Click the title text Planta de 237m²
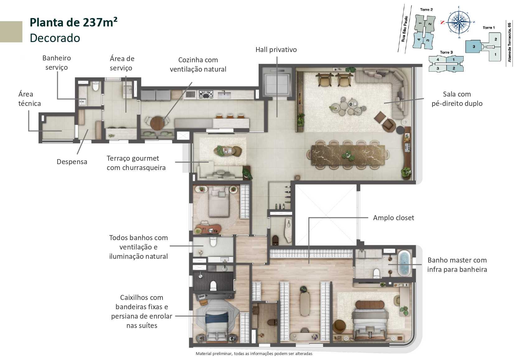[x=73, y=22]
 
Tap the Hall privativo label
[x=276, y=50]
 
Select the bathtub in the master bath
[x=404, y=263]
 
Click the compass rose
[x=459, y=22]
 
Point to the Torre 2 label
[x=426, y=10]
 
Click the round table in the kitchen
[x=157, y=123]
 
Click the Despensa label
[x=72, y=162]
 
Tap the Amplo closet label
[x=393, y=218]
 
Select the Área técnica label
[x=29, y=99]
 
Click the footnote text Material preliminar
[x=254, y=353]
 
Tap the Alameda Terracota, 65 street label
[x=509, y=42]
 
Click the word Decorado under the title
[x=55, y=38]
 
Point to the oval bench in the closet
[x=305, y=304]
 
